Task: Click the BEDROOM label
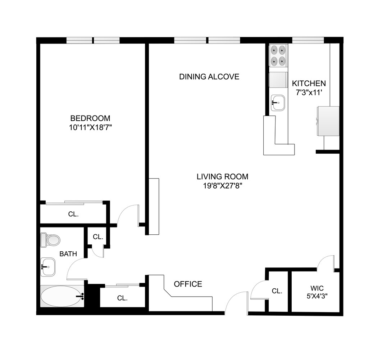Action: tap(90, 118)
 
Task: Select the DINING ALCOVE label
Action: tap(209, 77)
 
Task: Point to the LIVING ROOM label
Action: tap(222, 177)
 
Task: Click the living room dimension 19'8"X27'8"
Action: tap(222, 186)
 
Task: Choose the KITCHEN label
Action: tap(309, 84)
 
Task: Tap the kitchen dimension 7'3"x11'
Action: tap(309, 92)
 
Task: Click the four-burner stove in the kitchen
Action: tap(278, 55)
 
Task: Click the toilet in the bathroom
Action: tap(50, 240)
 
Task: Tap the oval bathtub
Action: tap(62, 296)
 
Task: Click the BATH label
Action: tap(68, 254)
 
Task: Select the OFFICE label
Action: tap(188, 284)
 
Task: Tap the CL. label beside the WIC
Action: tap(277, 291)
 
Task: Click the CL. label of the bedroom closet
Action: tap(73, 214)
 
